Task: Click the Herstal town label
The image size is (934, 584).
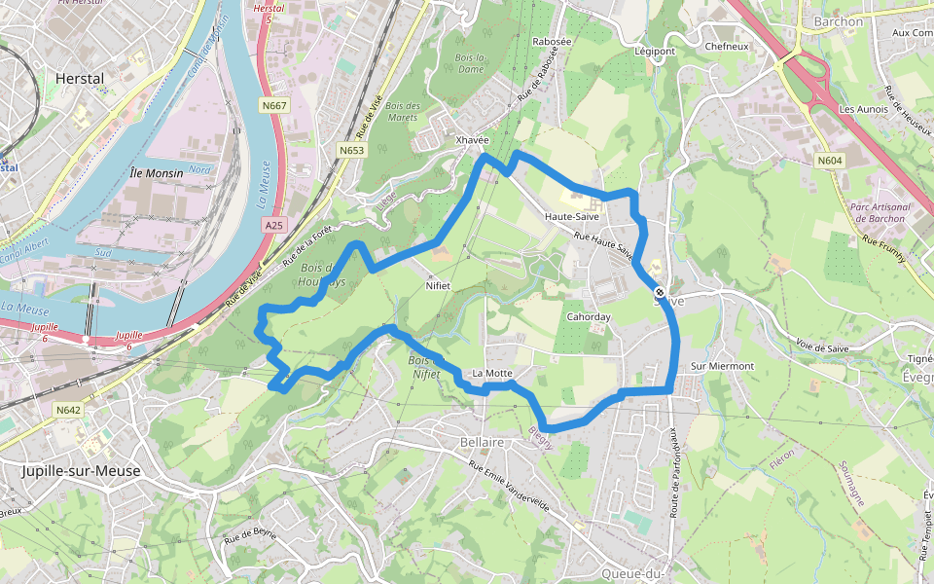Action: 80,78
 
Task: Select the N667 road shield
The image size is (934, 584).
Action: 274,105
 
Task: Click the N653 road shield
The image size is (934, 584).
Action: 352,150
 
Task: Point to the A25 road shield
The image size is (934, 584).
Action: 274,225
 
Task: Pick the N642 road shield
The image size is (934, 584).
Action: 68,410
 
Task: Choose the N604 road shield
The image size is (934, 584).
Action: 830,161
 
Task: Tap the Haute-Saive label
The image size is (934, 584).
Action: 571,216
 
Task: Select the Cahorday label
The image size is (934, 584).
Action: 589,317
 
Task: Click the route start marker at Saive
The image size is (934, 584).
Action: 660,292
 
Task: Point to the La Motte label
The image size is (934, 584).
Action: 491,373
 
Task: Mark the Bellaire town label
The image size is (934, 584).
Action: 482,442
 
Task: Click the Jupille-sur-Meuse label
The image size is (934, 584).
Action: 81,471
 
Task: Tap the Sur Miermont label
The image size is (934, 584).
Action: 722,366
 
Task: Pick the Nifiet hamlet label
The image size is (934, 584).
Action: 438,286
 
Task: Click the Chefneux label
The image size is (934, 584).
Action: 727,46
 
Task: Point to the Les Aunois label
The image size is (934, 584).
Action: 864,109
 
